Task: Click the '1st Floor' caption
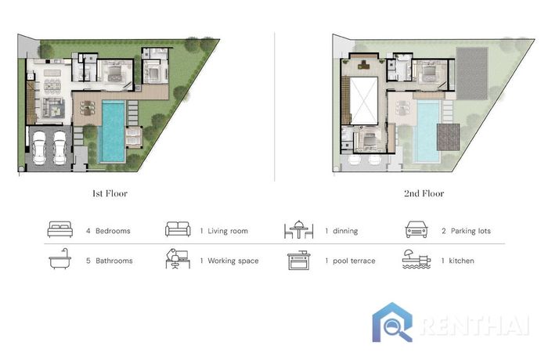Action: (x=110, y=193)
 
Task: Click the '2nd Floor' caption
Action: (x=424, y=193)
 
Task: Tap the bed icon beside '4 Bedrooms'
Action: (x=60, y=229)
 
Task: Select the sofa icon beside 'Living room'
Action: (x=178, y=229)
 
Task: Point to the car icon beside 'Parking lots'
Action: (x=416, y=229)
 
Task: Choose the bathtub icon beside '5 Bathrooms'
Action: (x=59, y=259)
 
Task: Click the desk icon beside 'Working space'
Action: (x=178, y=259)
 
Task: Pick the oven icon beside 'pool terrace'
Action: (x=299, y=261)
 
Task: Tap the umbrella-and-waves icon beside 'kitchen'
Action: (x=416, y=259)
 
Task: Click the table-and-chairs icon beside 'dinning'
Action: (x=298, y=229)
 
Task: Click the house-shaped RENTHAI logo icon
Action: (x=392, y=322)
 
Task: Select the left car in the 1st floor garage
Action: (x=39, y=148)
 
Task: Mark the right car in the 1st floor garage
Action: (x=59, y=148)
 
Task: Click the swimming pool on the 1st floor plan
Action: (x=112, y=131)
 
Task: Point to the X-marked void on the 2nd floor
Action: (x=364, y=101)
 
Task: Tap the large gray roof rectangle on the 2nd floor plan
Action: (x=472, y=74)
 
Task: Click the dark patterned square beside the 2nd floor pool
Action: (x=449, y=137)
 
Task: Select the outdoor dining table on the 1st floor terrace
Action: (x=88, y=108)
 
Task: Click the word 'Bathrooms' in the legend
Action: (x=114, y=261)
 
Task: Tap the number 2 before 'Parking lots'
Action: (x=444, y=231)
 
